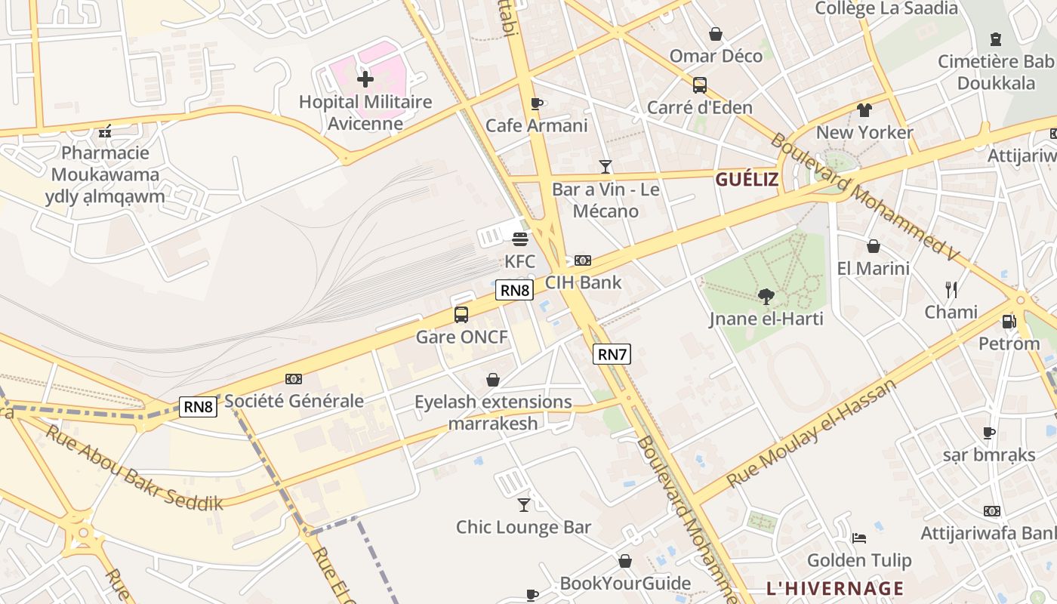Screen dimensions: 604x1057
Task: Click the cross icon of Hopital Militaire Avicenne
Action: coord(365,79)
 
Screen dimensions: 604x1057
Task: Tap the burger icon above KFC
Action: coord(519,239)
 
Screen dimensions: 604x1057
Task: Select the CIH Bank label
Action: coord(583,282)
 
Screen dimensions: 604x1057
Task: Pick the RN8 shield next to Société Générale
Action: coord(199,407)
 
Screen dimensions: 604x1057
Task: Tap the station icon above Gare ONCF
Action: coord(461,315)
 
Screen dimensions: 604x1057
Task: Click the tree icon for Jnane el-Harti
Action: coord(766,296)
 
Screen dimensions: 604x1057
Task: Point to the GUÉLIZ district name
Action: coord(746,179)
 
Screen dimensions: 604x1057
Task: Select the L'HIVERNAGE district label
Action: coord(835,588)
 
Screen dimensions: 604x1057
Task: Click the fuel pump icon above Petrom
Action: coord(1009,322)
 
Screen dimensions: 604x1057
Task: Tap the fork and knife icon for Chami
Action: coord(951,289)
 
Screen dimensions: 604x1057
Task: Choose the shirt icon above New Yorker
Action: coord(864,110)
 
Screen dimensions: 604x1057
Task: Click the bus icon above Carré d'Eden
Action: coord(700,85)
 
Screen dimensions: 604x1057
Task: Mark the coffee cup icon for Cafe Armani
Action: coord(537,103)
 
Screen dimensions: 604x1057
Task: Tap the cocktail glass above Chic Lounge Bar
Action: coord(524,504)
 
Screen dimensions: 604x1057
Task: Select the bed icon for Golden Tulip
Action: coord(859,538)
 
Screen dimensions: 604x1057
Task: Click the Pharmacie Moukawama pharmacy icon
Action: coord(105,131)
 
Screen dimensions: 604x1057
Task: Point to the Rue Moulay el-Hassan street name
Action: coord(812,433)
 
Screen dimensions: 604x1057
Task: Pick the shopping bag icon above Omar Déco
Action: coord(715,34)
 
